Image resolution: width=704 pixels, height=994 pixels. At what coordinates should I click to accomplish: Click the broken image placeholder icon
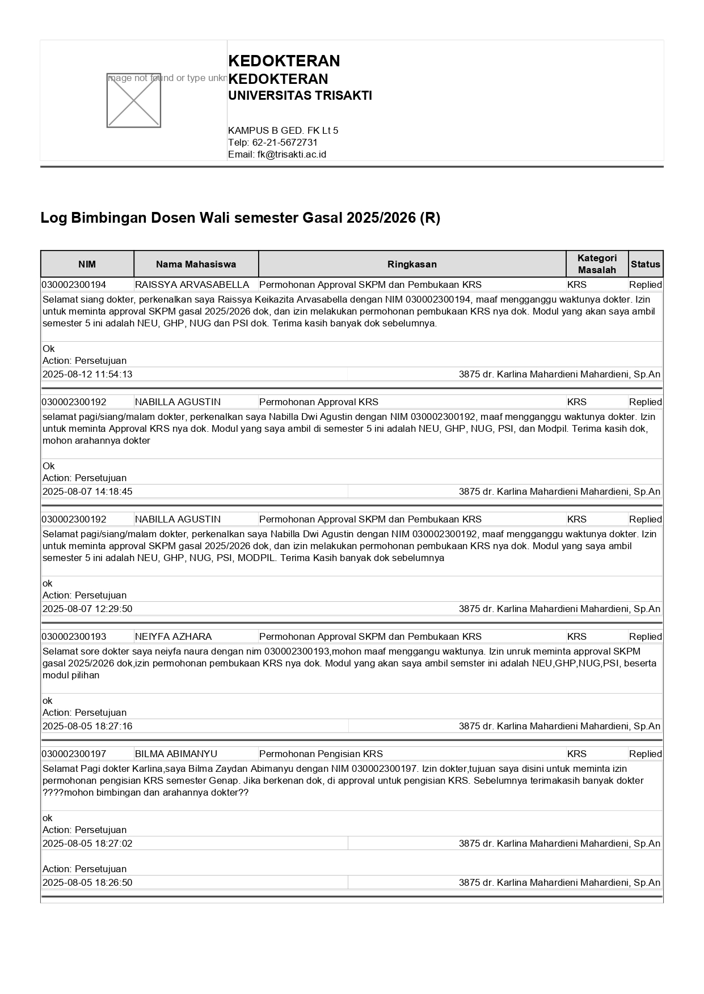point(133,100)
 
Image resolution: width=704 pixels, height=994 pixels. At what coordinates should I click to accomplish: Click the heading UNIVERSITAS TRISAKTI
point(300,96)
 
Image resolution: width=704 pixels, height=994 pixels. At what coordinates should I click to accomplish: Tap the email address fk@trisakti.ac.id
point(292,154)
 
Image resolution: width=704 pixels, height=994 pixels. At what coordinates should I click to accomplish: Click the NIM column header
point(87,264)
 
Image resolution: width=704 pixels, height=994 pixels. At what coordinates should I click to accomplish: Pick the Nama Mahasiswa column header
point(196,264)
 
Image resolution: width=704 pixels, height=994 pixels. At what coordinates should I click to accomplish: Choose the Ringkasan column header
point(412,264)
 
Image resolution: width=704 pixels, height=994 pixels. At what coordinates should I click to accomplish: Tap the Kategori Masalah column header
point(597,264)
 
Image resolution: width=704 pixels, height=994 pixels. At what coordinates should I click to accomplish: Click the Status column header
point(646,264)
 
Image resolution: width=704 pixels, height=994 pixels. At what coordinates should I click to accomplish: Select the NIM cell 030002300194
point(74,284)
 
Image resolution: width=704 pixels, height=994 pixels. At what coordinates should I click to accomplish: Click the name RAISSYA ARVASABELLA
point(192,284)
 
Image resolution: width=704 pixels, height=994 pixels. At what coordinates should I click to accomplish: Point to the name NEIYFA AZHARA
point(173,636)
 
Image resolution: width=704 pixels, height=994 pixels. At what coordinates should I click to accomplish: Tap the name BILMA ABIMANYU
point(176,754)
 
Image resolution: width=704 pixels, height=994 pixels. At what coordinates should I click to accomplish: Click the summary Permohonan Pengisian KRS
point(321,754)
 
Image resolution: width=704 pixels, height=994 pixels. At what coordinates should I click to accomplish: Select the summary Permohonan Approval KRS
point(319,402)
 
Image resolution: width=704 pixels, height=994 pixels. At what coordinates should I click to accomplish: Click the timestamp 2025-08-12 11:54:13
point(87,374)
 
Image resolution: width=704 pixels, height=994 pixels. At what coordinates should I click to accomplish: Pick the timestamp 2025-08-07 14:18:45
point(87,491)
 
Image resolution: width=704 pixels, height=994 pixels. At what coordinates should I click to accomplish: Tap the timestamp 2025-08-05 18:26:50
point(87,882)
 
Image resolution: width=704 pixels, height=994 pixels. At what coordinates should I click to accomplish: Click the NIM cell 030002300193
point(74,636)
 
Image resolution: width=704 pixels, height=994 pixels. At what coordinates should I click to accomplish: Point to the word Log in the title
point(53,218)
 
